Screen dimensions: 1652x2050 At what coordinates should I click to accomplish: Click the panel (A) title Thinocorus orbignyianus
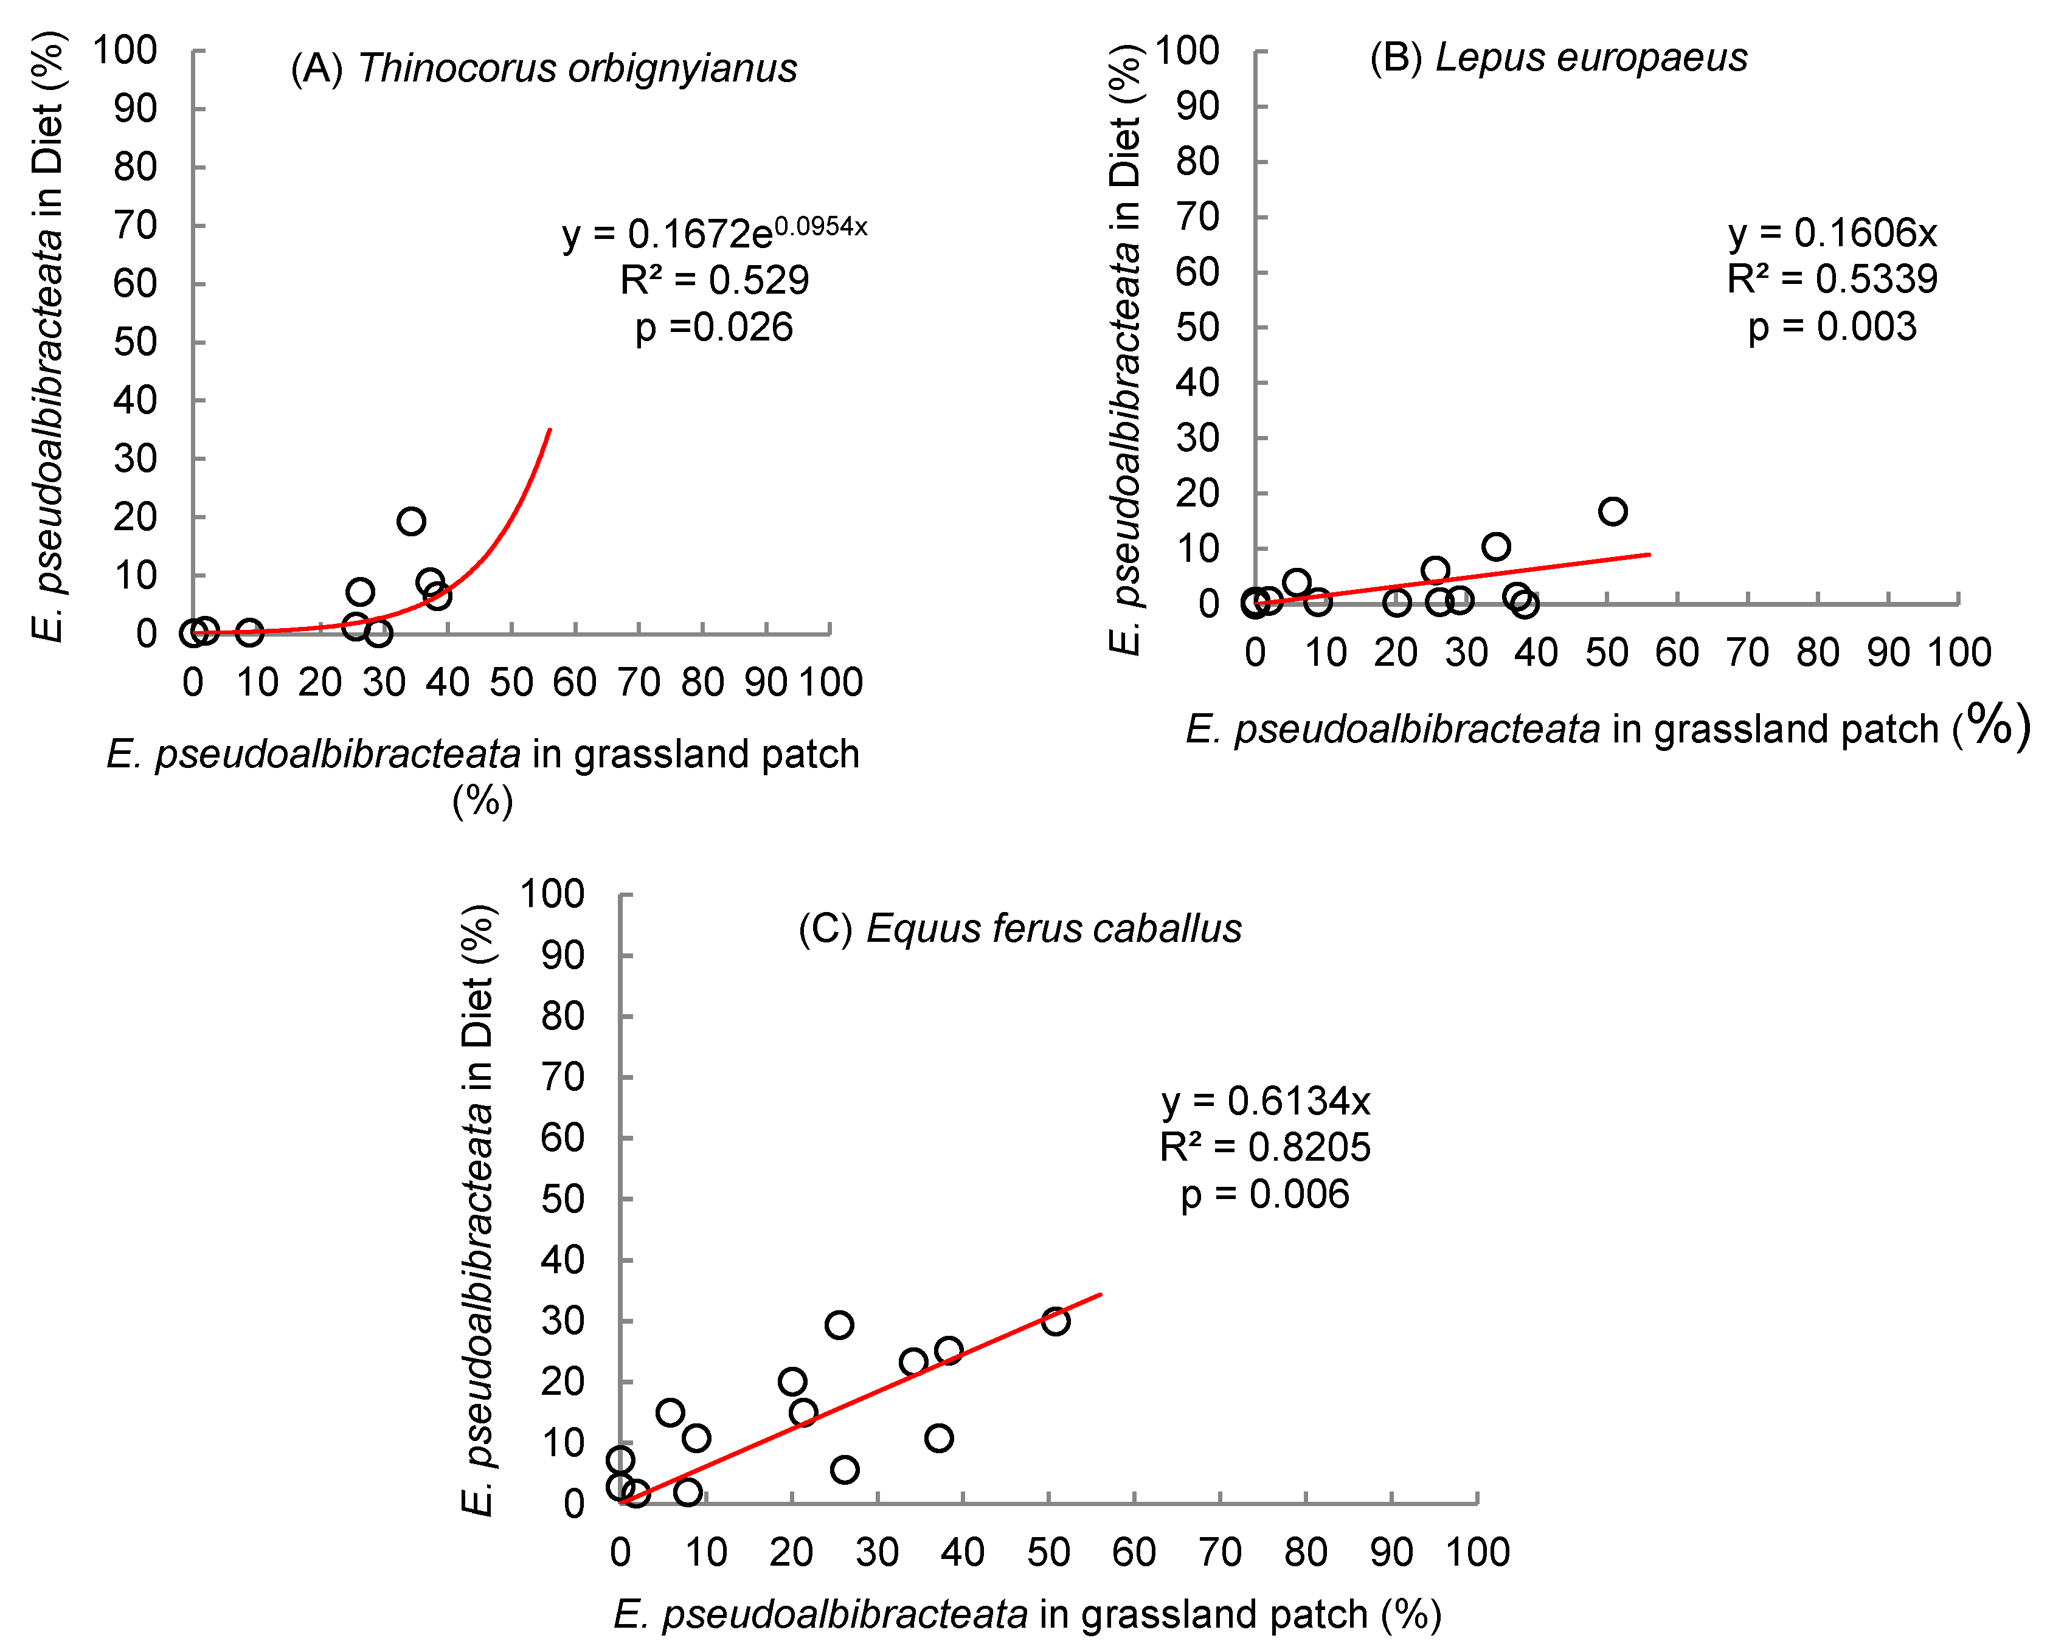[544, 69]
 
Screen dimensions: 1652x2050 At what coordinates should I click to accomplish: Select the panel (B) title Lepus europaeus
[1558, 58]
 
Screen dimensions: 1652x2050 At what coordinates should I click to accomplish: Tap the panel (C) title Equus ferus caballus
[1019, 929]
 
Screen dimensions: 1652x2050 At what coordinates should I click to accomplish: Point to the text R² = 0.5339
[1832, 279]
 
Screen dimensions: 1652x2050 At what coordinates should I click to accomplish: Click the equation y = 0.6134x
[1266, 1101]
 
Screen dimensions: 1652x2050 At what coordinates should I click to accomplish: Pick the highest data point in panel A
[411, 520]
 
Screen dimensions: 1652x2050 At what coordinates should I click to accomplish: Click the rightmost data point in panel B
[1612, 511]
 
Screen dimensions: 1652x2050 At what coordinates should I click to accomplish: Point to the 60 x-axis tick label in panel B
[1677, 653]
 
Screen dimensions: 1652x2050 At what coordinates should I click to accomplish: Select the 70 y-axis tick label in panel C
[561, 1077]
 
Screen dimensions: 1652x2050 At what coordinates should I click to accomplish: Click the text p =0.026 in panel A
[714, 327]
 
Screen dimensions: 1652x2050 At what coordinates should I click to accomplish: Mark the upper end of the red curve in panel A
[550, 430]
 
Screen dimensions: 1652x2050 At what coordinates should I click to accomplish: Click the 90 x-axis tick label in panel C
[1391, 1552]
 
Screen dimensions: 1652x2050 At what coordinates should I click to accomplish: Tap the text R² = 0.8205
[1265, 1148]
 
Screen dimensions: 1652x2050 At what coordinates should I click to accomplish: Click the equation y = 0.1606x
[1832, 232]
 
